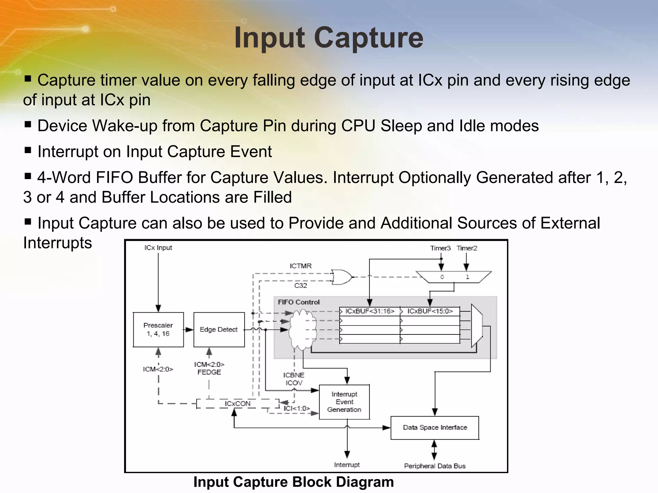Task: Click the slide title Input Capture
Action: [329, 38]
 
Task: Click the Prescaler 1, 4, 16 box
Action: [158, 330]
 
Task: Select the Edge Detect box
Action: [219, 330]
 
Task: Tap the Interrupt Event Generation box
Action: [344, 402]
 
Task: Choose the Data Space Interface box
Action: [435, 428]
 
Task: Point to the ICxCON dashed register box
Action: [237, 404]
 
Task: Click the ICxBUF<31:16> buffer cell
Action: [369, 311]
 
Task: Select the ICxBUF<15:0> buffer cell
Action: [430, 311]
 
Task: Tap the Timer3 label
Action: [440, 248]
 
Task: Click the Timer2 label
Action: [467, 248]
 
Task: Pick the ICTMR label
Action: [300, 266]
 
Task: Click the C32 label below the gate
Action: [300, 285]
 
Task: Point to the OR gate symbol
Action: [342, 277]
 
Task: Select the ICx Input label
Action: [158, 248]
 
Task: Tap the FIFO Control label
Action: [298, 302]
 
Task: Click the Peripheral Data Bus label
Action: [434, 466]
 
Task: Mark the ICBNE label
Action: [293, 375]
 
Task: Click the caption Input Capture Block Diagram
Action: [293, 482]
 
